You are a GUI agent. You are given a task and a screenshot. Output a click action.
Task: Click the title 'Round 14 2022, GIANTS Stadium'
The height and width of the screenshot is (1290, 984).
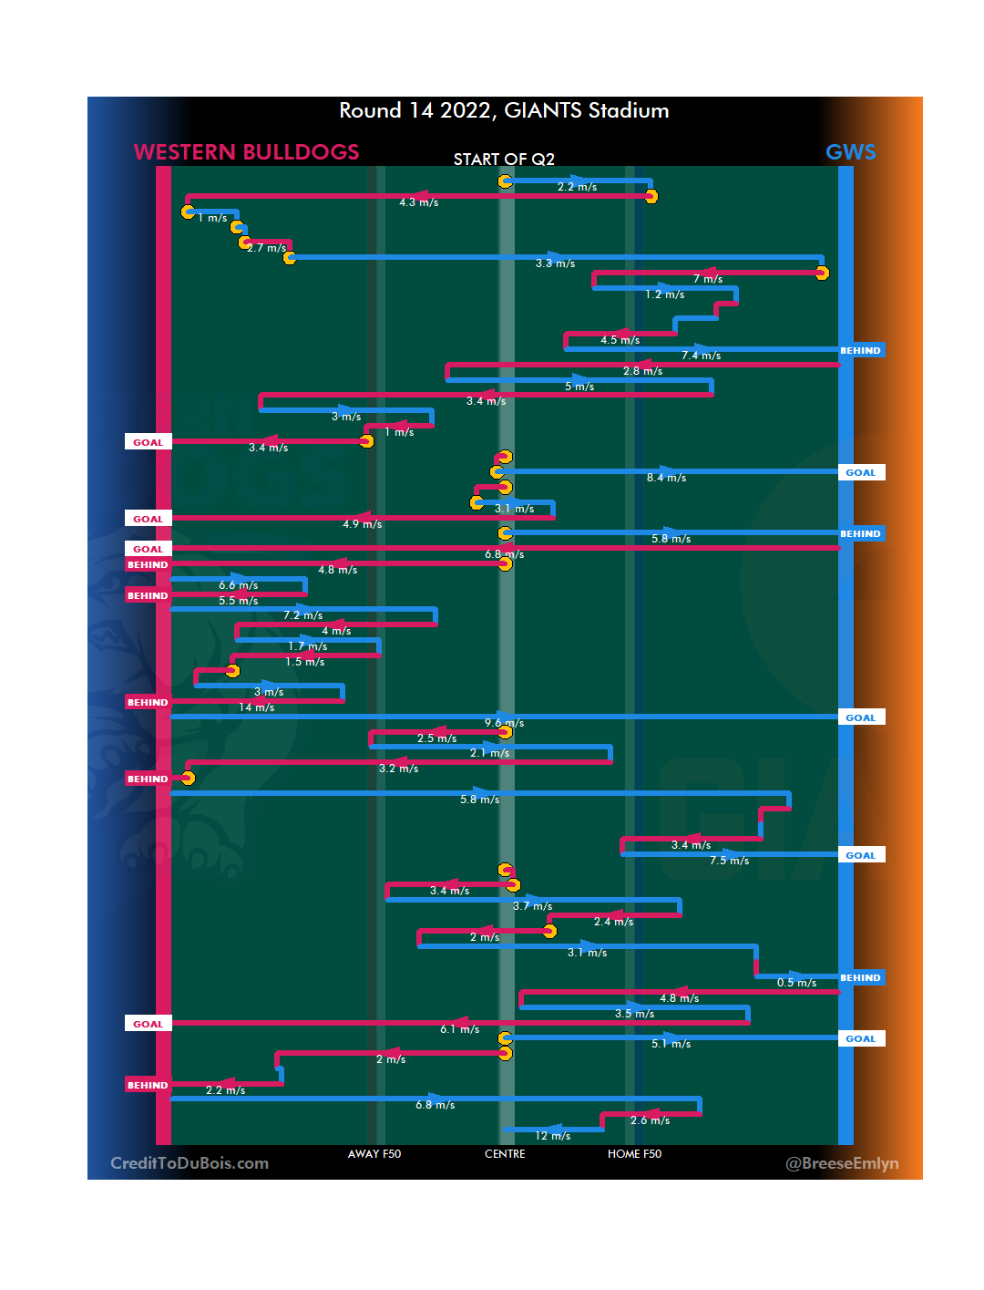point(504,111)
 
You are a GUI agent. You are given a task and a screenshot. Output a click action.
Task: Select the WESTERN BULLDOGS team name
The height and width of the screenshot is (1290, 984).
point(246,152)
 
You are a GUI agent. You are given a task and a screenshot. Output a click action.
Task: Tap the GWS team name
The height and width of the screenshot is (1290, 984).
point(850,152)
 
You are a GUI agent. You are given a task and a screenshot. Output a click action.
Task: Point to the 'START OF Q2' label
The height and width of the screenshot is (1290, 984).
point(504,160)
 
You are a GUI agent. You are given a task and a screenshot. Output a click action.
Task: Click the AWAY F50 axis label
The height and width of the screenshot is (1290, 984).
point(374,1154)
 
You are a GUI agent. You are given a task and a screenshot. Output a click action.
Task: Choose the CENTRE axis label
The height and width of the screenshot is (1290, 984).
point(505,1154)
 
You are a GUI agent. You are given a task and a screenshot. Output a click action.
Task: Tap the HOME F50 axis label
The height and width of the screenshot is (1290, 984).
point(634,1154)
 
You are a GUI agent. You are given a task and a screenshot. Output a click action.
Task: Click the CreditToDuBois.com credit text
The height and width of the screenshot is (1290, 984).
point(190,1163)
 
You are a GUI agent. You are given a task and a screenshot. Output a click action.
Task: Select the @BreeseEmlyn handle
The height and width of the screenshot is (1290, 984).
point(842,1163)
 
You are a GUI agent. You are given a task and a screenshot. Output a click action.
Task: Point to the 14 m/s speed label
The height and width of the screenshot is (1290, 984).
point(256,707)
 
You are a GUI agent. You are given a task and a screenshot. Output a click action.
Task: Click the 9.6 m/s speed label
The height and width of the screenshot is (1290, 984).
point(504,723)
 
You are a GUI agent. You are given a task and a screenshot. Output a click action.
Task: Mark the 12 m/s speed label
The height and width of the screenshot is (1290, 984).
point(552,1136)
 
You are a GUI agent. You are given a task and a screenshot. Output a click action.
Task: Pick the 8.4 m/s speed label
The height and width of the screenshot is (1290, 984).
point(666,478)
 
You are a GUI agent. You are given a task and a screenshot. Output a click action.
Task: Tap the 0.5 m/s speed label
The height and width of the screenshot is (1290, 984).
point(796,983)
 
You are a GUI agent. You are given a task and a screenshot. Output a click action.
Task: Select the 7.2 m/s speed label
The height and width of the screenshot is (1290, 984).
point(302,615)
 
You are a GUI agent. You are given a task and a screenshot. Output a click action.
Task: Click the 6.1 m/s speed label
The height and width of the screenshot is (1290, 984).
point(459,1029)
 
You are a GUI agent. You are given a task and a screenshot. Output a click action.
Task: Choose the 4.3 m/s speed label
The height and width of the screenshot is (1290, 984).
point(418,202)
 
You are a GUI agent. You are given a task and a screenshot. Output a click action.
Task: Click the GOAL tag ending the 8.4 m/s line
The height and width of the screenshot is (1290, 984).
point(861,472)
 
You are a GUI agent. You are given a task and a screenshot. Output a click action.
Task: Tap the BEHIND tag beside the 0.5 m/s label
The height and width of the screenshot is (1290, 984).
point(861,978)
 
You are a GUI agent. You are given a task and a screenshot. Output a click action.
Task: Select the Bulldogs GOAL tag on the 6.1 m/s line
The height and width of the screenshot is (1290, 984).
point(148,1024)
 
